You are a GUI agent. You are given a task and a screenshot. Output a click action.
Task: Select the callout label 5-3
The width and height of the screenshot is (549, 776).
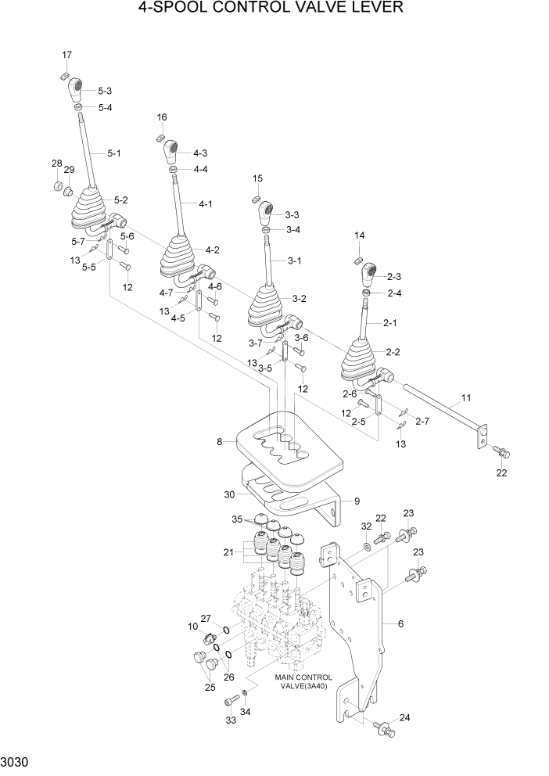(104, 92)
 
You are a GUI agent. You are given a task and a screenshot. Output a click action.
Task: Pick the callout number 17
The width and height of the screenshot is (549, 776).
(66, 54)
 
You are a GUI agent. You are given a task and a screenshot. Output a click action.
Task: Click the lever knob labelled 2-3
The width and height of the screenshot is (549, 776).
(369, 275)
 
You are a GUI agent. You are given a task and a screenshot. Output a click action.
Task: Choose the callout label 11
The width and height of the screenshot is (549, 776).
(465, 398)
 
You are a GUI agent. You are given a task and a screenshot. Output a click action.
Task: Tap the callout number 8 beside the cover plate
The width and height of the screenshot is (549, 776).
(221, 442)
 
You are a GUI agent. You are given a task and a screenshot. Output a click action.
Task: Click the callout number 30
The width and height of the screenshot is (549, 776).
(229, 494)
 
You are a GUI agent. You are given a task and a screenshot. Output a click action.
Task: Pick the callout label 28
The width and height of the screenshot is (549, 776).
(56, 163)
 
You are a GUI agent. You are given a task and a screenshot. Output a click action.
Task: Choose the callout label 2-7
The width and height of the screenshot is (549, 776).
(422, 422)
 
